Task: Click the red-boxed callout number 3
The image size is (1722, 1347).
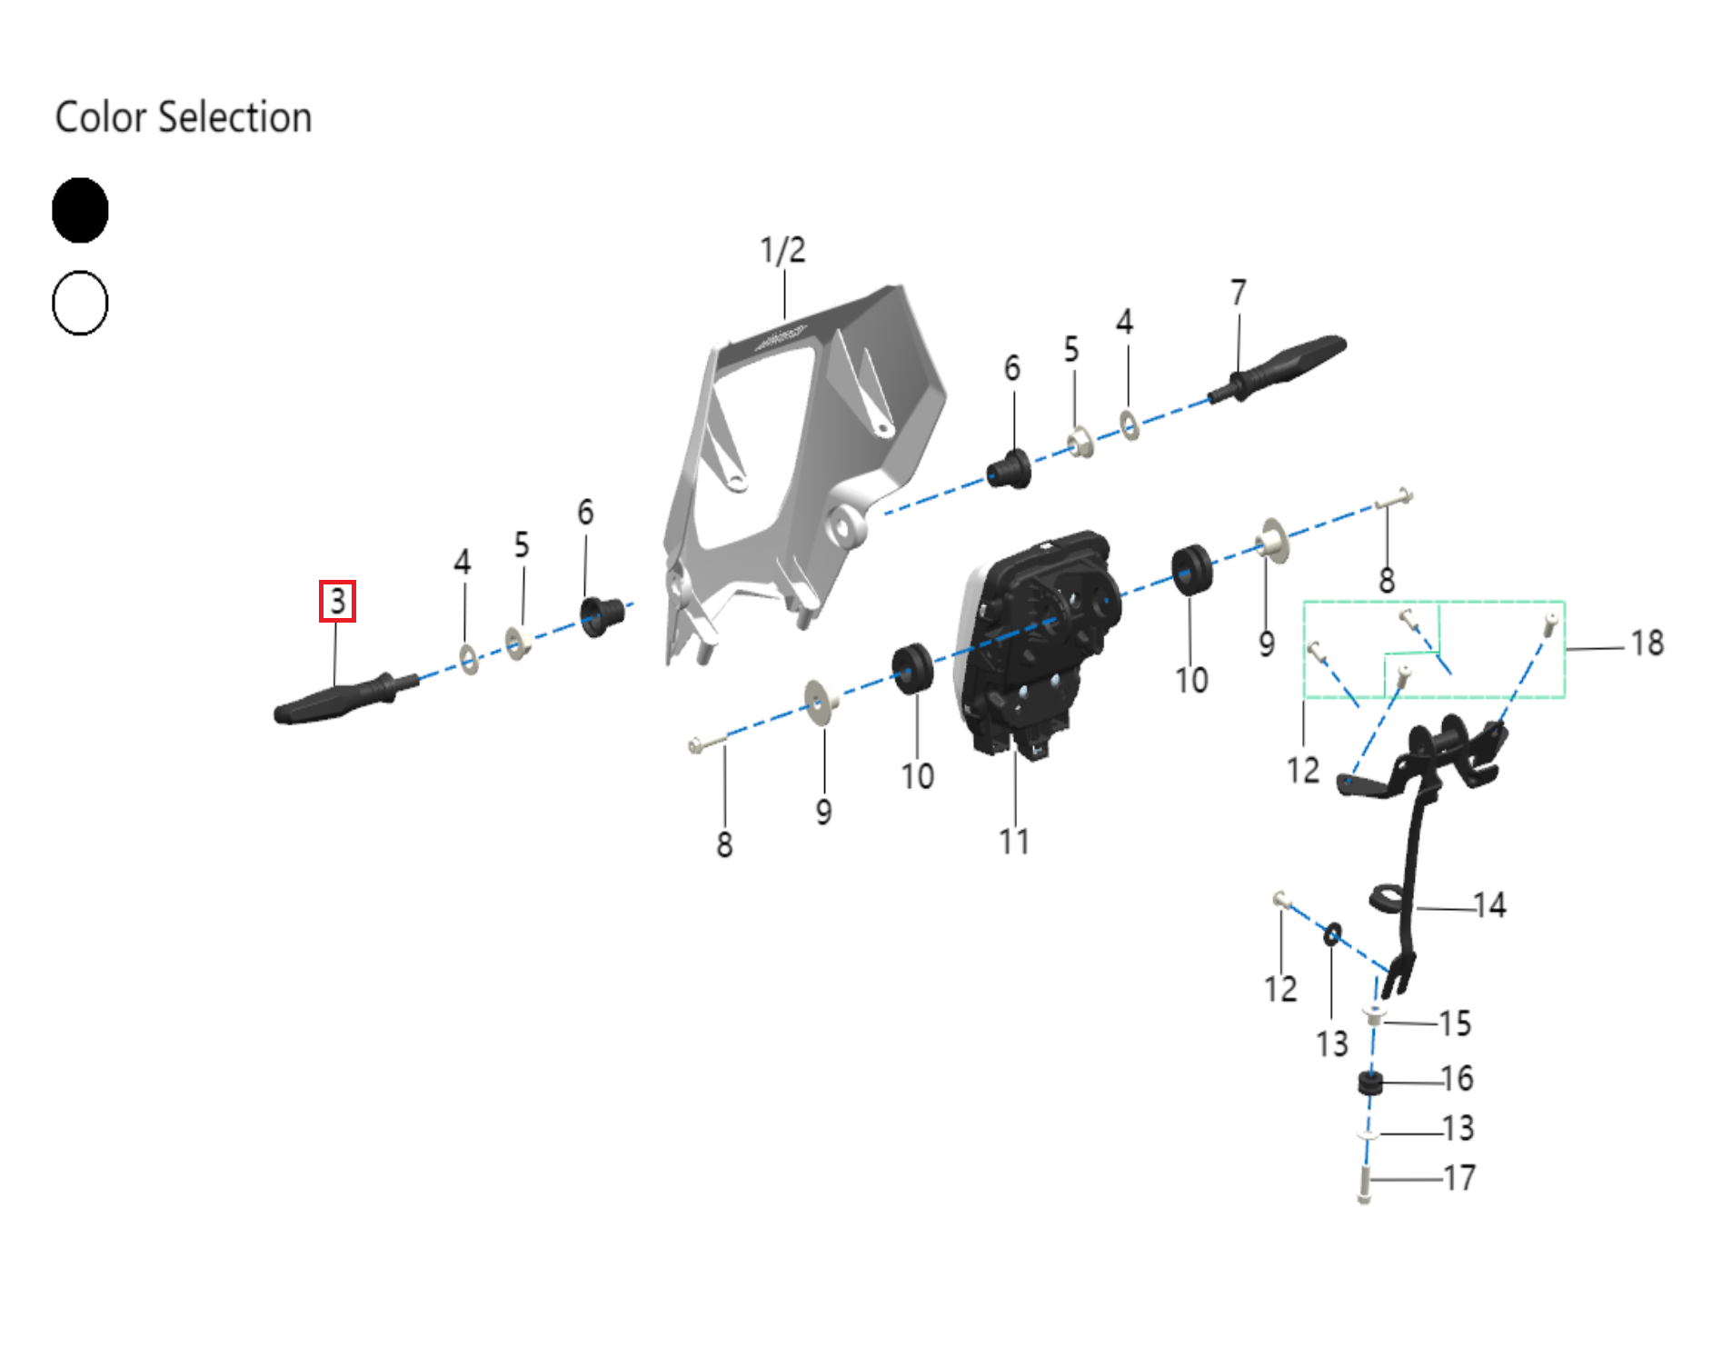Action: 337,601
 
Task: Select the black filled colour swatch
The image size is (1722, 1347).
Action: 80,210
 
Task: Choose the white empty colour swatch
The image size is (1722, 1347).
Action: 80,303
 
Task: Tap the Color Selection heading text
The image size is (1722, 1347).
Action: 183,117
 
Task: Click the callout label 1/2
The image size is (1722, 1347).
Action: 782,250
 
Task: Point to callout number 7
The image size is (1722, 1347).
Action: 1238,293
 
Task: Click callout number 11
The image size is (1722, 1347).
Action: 1014,842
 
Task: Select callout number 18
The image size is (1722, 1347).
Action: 1647,644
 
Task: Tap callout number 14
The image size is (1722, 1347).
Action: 1489,905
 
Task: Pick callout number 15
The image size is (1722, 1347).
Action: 1455,1023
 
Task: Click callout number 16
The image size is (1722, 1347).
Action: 1457,1079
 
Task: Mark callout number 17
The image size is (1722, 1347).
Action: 1459,1178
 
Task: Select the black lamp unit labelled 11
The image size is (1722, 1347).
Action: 1036,636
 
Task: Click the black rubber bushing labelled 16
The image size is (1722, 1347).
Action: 1369,1083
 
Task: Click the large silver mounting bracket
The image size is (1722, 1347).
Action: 800,454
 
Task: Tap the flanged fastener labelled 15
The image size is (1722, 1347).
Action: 1374,1016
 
